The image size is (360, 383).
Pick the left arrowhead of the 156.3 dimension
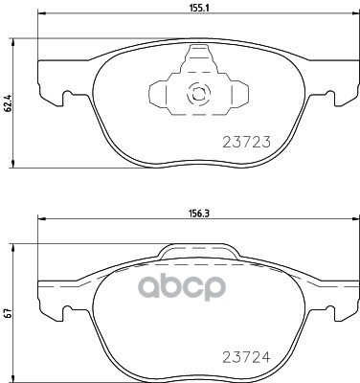coord(40,222)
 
